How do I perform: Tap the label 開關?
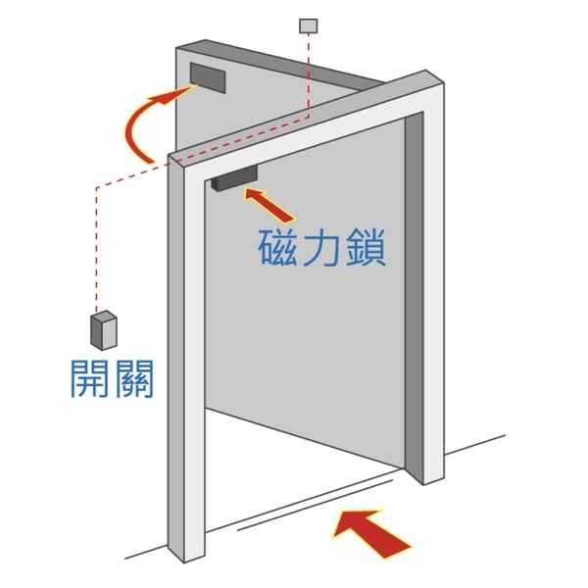pos(112,378)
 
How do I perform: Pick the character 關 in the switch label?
pos(133,378)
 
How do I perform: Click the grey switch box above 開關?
pos(103,329)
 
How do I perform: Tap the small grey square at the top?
pos(309,24)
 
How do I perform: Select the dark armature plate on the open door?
pos(208,77)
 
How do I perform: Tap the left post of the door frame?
pos(186,372)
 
